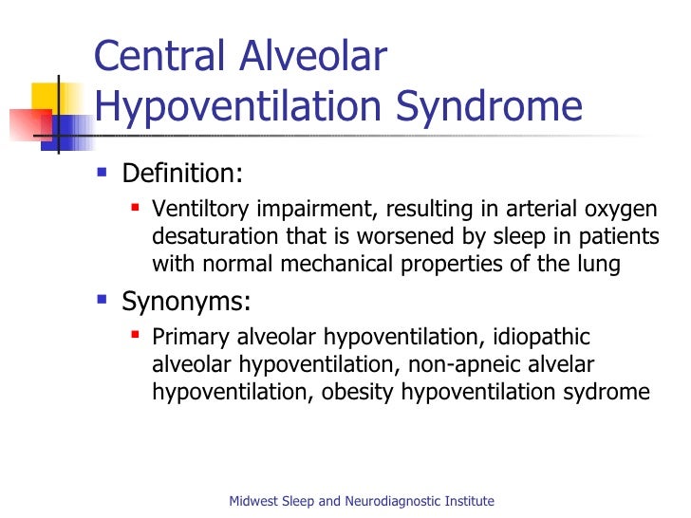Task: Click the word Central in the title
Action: click(159, 59)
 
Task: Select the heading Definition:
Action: click(182, 175)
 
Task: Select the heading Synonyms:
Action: click(186, 305)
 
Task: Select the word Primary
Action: click(185, 337)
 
